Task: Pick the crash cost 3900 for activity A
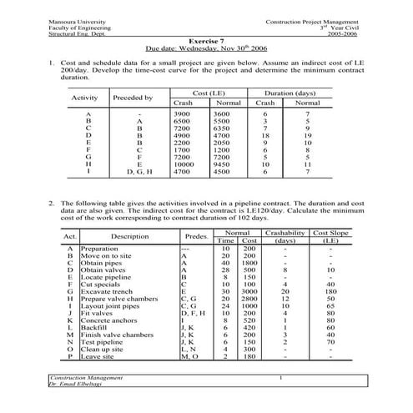coord(180,113)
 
